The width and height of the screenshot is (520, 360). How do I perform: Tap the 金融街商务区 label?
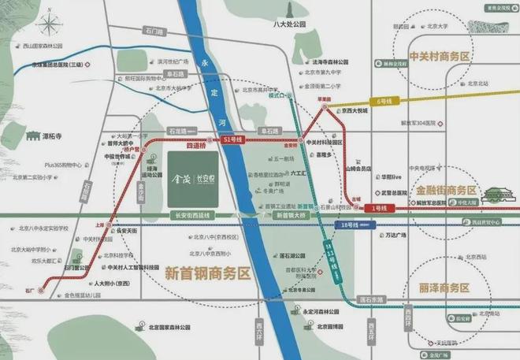click(447, 191)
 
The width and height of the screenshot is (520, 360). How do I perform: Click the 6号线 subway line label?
click(384, 102)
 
